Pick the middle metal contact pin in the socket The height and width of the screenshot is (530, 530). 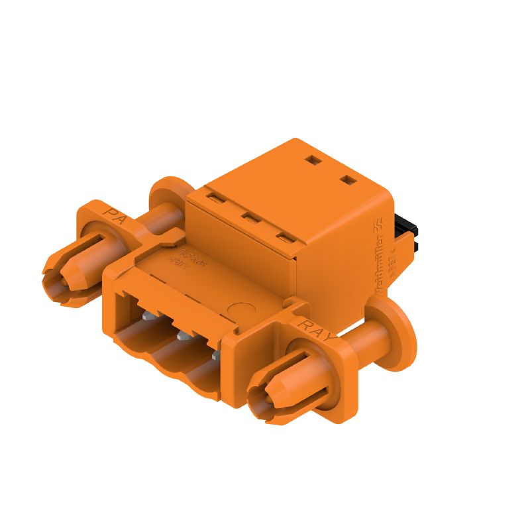(x=182, y=337)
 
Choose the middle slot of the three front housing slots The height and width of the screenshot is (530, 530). (x=249, y=217)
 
